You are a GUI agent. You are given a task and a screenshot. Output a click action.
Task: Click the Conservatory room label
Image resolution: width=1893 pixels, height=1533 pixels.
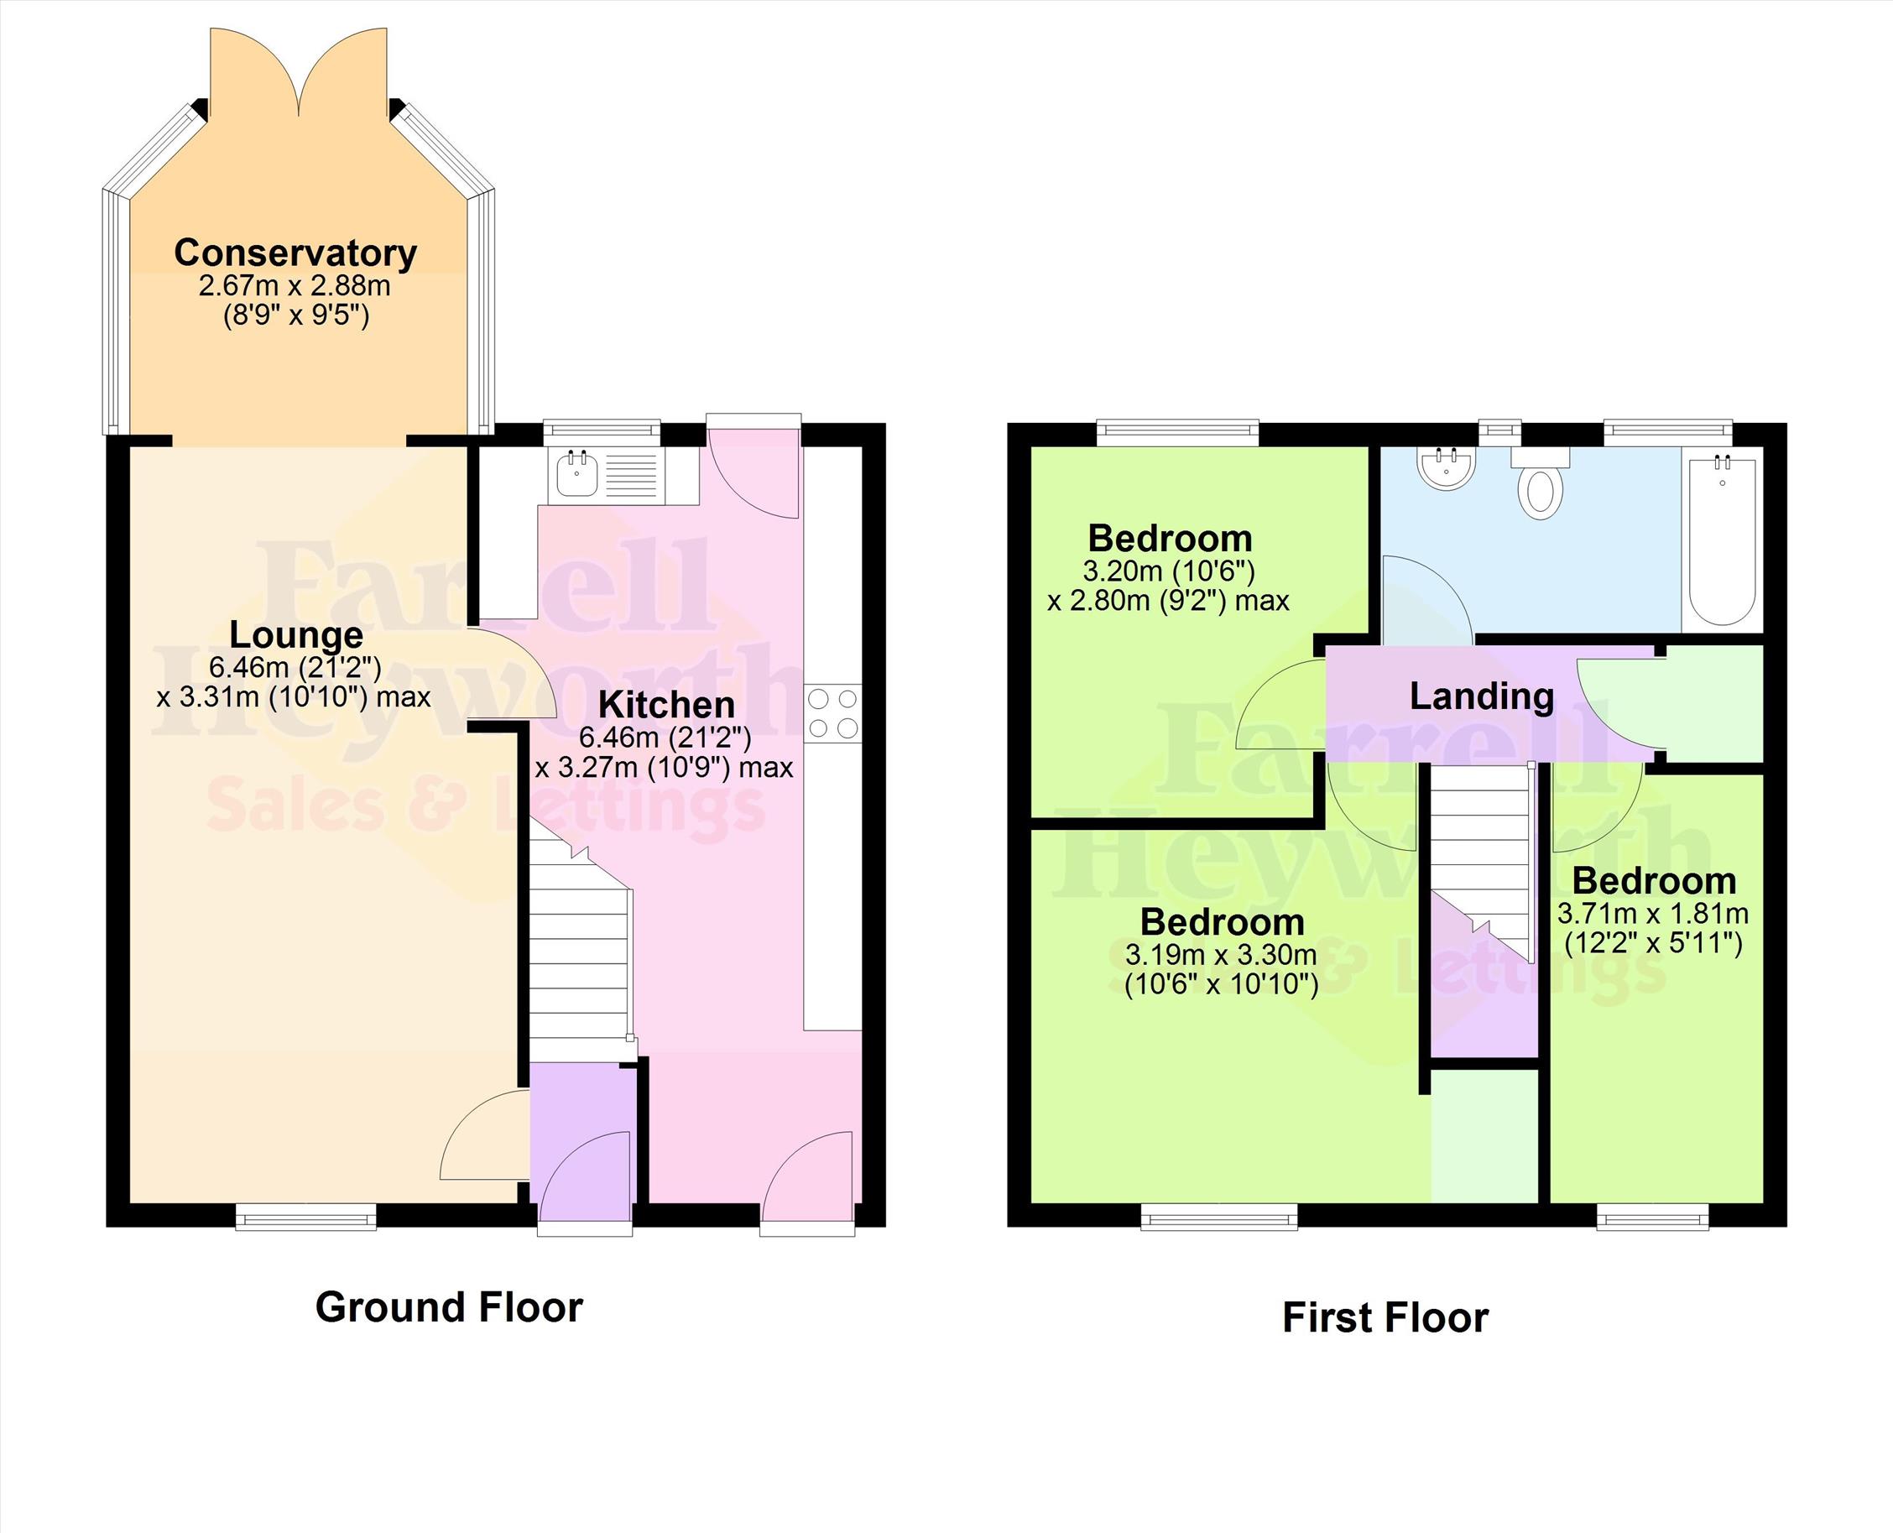[295, 253]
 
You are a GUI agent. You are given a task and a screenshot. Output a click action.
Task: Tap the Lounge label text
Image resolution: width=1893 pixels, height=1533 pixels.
[295, 635]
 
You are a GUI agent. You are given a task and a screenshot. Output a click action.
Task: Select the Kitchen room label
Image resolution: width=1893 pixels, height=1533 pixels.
[666, 705]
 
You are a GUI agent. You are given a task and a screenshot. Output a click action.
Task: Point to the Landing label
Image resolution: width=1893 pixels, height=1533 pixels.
[1482, 696]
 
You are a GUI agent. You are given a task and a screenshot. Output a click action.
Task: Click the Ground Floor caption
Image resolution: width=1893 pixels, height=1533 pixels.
[449, 1307]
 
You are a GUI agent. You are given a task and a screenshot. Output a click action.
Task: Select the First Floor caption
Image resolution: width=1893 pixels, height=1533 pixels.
[1385, 1317]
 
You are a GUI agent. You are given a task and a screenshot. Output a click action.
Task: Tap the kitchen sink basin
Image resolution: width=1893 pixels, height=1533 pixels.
[578, 476]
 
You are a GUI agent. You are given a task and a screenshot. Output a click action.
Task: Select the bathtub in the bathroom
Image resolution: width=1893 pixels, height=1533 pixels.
[1722, 539]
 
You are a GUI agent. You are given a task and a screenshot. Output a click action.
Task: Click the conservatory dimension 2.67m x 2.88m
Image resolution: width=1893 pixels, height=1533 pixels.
[295, 286]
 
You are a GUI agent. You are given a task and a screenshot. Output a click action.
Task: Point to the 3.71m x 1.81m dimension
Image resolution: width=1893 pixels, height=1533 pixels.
[1653, 914]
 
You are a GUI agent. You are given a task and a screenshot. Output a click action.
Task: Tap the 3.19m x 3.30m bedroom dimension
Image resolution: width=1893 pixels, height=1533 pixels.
[1221, 955]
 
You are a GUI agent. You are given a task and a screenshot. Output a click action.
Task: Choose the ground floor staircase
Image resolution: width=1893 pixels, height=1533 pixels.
[580, 949]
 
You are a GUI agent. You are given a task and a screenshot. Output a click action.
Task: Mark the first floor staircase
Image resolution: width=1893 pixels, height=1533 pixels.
[1481, 861]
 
